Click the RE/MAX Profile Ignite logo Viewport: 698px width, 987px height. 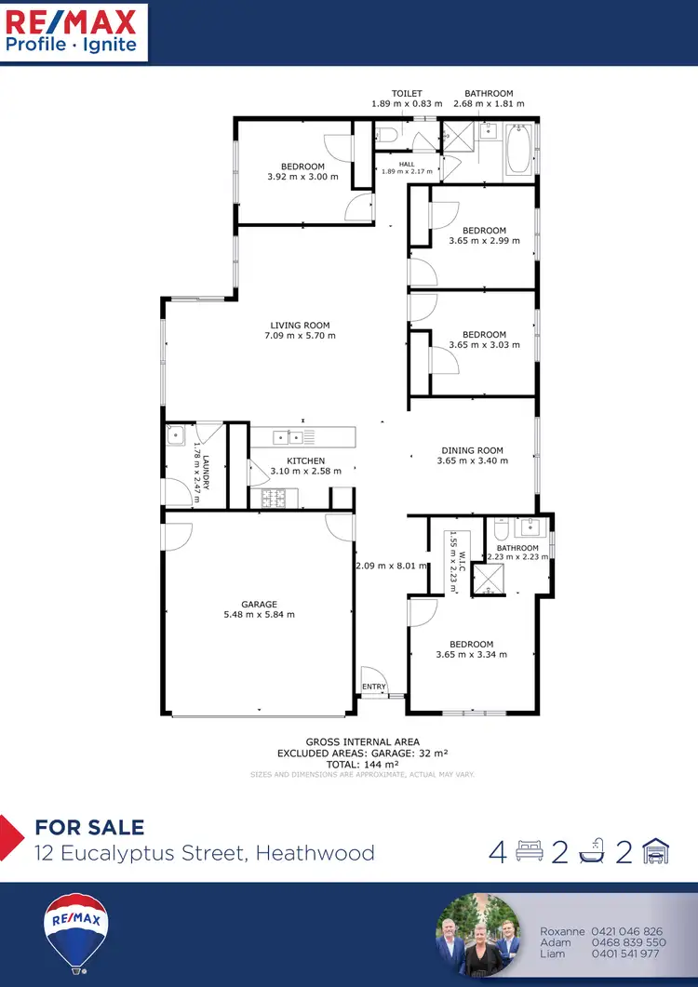click(73, 32)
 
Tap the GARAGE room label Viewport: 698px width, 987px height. click(259, 605)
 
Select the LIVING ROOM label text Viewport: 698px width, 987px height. click(300, 326)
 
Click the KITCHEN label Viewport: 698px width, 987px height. click(305, 461)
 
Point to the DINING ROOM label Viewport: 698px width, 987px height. click(472, 451)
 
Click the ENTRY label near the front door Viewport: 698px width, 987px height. click(374, 687)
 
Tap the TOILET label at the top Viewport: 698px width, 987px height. click(407, 94)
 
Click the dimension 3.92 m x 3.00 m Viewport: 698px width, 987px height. click(302, 177)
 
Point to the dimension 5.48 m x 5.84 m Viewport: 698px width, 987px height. click(259, 615)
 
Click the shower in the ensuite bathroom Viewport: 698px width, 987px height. click(487, 580)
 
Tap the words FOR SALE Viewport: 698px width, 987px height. click(89, 827)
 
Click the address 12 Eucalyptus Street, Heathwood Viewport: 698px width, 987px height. click(205, 852)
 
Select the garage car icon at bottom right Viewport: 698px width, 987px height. click(655, 852)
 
